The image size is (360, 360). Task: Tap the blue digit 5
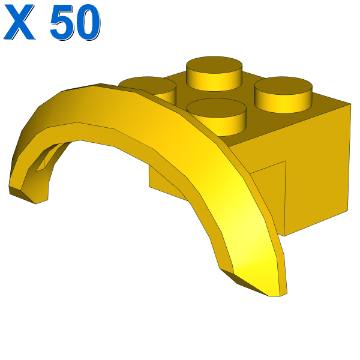click(61, 22)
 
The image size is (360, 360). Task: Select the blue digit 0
click(88, 22)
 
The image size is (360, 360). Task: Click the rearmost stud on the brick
click(214, 73)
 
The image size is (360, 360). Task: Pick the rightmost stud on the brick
click(283, 95)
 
